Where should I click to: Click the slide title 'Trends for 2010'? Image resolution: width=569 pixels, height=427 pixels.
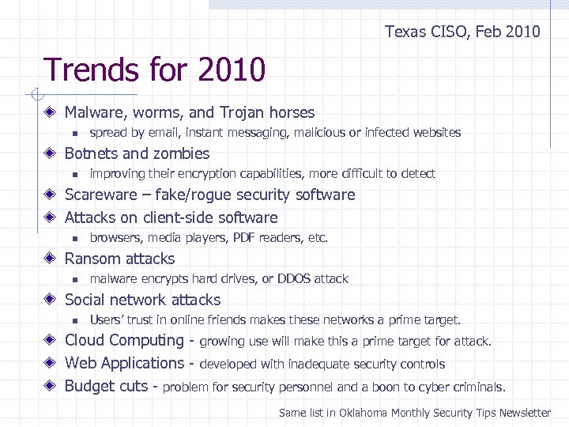coord(155,70)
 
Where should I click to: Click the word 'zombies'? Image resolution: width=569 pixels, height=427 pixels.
coord(181,153)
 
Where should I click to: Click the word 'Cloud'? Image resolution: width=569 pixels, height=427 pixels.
coord(85,341)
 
